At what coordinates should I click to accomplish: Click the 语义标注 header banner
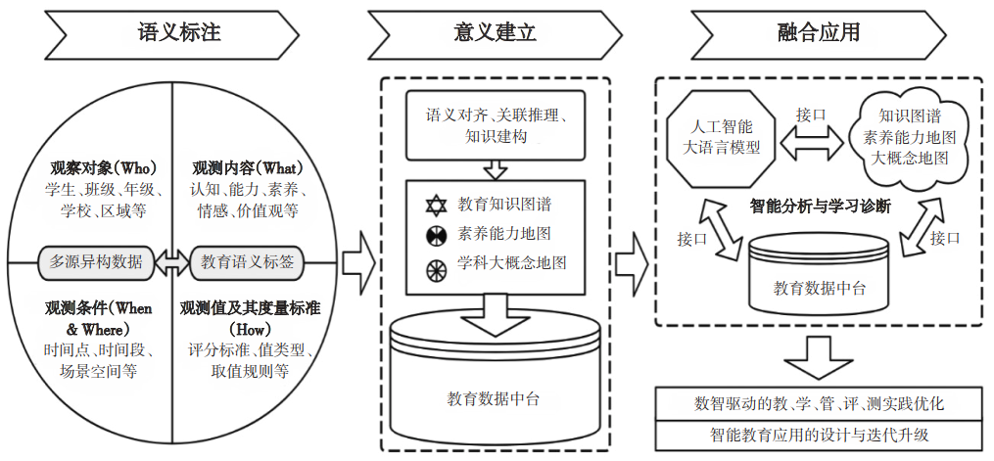tap(177, 32)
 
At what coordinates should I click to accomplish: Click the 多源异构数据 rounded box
tap(96, 262)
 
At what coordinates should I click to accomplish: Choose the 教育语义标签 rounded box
tap(249, 262)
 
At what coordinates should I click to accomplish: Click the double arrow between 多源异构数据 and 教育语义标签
tap(172, 262)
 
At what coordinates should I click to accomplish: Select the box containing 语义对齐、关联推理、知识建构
tap(496, 124)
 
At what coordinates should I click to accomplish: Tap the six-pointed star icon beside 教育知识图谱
tap(435, 206)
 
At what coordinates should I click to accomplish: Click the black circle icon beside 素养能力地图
tap(435, 235)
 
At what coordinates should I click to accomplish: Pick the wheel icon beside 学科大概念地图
tap(435, 264)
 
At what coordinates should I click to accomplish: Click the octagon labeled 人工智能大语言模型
tap(719, 138)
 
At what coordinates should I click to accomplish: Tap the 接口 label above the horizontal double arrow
tap(811, 115)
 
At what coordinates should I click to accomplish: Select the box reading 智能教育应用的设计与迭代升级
tap(819, 434)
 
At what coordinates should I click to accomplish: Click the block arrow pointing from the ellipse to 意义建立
tap(358, 263)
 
